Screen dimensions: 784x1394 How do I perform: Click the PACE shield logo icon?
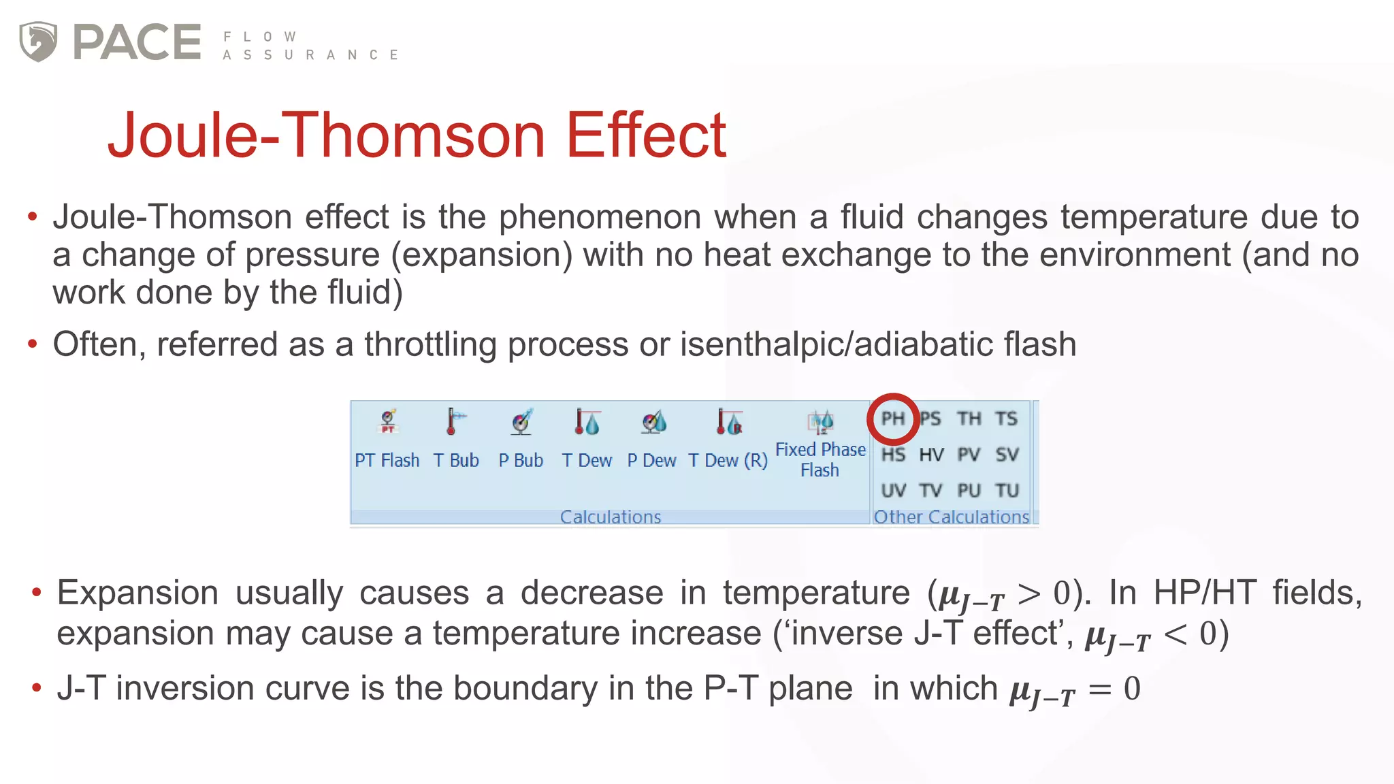[x=38, y=42]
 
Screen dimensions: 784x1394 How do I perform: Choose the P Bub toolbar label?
[x=521, y=461]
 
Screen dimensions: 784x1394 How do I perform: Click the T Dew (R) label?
[x=728, y=461]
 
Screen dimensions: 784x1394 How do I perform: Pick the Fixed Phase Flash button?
[x=820, y=442]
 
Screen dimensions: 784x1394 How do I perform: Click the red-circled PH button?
[x=893, y=418]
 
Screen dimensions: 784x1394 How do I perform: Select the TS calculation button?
[x=1007, y=419]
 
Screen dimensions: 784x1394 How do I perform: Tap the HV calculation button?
[x=931, y=455]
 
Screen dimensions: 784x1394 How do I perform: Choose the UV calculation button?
[x=893, y=491]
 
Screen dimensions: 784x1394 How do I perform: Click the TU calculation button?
[x=1007, y=491]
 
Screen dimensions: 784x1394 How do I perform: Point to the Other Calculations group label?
[x=951, y=517]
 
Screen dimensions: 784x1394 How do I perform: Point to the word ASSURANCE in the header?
[x=310, y=55]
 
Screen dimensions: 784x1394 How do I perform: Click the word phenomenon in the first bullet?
[x=600, y=217]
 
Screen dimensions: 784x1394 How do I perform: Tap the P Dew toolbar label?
[x=651, y=461]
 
